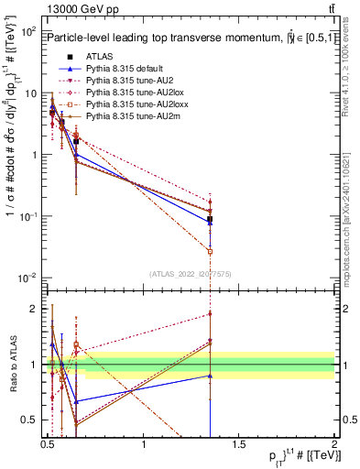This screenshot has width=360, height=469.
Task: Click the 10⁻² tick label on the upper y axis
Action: coord(27,278)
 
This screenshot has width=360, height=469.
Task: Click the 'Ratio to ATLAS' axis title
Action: coord(11,365)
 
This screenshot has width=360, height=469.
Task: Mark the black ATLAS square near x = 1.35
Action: coord(211,220)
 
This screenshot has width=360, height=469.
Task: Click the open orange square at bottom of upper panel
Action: coord(211,250)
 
